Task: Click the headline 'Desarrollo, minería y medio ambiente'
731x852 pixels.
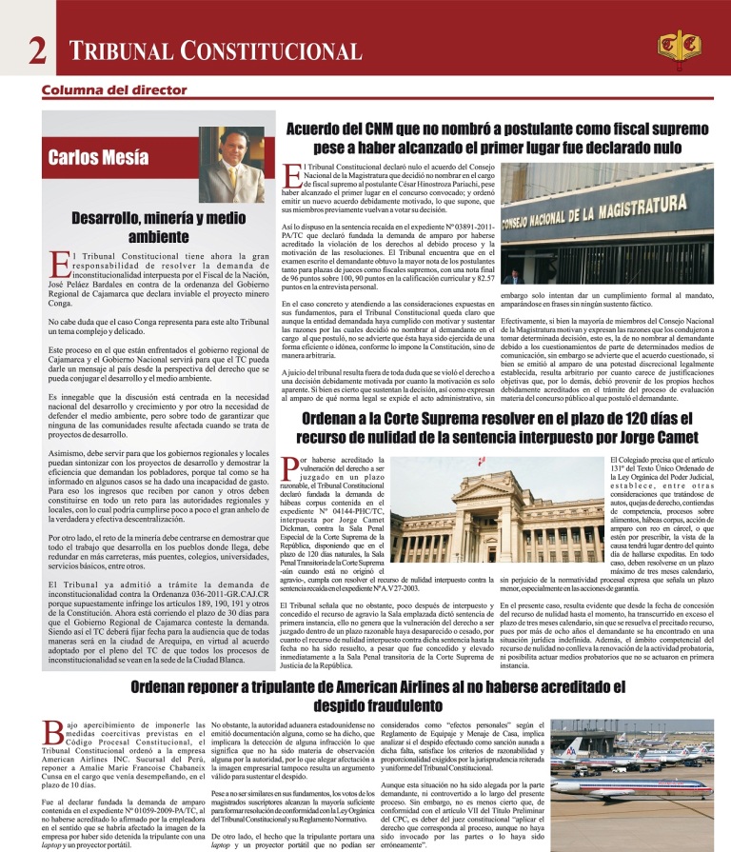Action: pos(158,227)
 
